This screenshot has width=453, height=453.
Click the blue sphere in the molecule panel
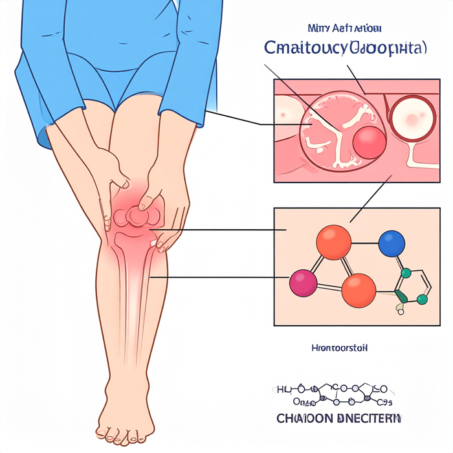pos(391,243)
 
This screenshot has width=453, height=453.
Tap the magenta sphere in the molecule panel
pos(303,283)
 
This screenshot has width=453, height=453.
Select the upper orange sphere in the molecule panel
pos(333,243)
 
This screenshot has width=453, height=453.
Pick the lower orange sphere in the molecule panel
pos(358,290)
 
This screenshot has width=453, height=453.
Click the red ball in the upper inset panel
pos(370,142)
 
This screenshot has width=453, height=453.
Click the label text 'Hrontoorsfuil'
pos(339,348)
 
